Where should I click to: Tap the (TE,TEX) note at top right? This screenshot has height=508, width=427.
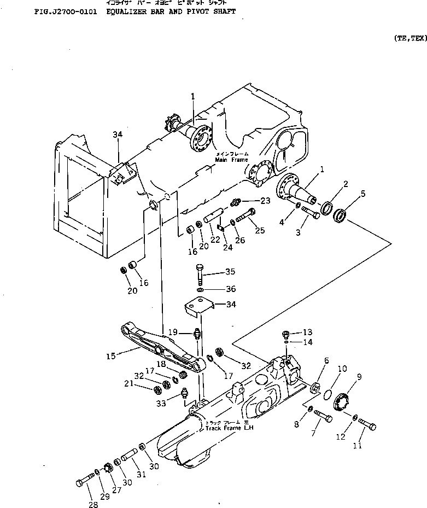click(410, 38)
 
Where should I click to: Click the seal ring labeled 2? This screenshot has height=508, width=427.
click(327, 208)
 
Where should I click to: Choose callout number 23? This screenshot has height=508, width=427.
click(265, 201)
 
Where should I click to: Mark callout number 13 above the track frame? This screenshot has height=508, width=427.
click(307, 332)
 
